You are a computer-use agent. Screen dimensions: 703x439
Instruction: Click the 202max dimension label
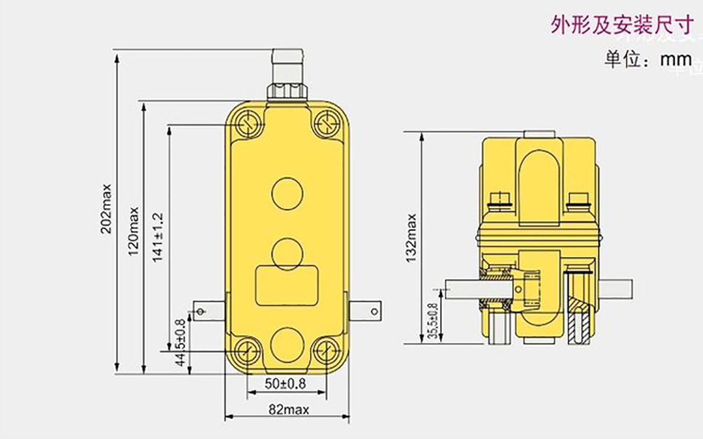[x=106, y=209]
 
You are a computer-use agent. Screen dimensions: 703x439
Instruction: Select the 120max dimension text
[x=134, y=232]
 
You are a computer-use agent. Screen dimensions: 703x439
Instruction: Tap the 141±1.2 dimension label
[x=158, y=238]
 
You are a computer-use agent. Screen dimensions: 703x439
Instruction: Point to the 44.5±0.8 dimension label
[x=181, y=343]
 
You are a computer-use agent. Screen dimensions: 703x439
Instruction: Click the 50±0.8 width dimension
[x=285, y=384]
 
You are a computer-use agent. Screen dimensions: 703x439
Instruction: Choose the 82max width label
[x=289, y=409]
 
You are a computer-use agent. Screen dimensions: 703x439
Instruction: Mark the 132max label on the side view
[x=412, y=238]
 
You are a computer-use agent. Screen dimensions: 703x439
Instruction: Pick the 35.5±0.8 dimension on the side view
[x=432, y=321]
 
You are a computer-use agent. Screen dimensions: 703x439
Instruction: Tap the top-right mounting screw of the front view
[x=326, y=122]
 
